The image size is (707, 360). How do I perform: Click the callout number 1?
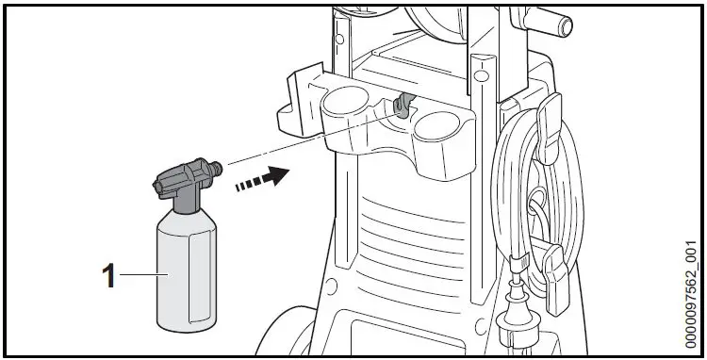[108, 276]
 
